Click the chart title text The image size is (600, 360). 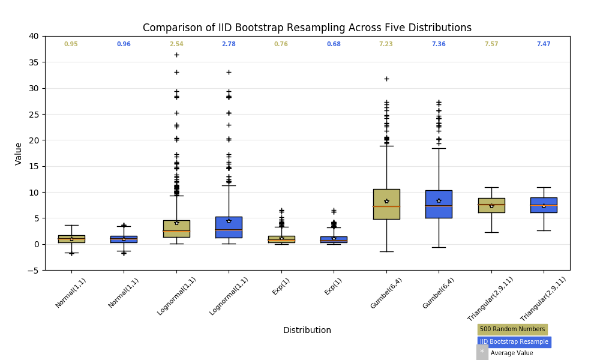tap(307, 28)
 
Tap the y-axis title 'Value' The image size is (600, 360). tap(19, 153)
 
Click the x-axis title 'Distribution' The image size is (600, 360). tap(307, 330)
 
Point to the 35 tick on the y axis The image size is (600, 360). tap(34, 62)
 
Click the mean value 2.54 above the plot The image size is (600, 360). tap(176, 44)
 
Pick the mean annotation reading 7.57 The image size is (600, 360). tap(491, 44)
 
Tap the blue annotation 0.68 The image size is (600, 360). tap(334, 44)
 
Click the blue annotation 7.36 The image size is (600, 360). tap(439, 44)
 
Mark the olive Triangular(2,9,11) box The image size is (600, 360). tap(491, 205)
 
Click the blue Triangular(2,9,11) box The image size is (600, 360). tap(544, 205)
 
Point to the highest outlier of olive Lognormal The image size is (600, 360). tap(176, 55)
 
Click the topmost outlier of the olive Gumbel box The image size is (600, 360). tap(386, 79)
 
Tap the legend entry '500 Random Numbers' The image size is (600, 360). tap(512, 329)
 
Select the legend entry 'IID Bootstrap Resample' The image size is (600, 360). tap(514, 342)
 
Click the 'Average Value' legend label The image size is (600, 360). tap(511, 353)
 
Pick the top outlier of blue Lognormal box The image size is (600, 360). tap(229, 72)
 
